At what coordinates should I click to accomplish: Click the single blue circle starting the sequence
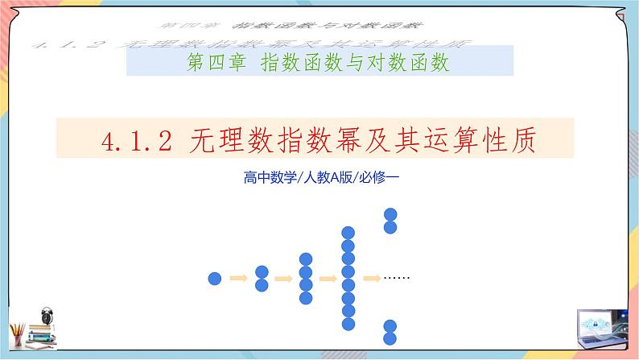coord(215,279)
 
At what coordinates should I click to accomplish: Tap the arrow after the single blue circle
coord(237,279)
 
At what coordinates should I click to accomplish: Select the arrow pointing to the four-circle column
coord(282,279)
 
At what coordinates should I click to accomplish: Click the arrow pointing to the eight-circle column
coord(327,279)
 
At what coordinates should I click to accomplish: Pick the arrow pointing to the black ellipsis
coord(371,279)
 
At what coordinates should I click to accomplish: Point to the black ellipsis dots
coord(398,278)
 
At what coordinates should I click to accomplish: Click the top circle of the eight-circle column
coord(348,233)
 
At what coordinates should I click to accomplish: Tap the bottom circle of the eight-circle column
coord(348,323)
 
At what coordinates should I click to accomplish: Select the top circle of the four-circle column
coord(305,259)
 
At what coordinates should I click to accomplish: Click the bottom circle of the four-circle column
coord(305,298)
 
